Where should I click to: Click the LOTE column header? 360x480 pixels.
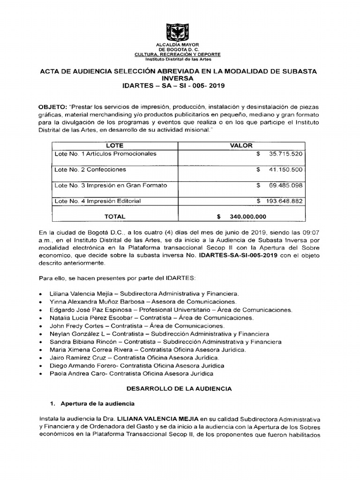(x=115, y=146)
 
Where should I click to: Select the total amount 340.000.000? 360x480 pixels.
(x=248, y=217)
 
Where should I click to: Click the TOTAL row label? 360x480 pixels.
(x=115, y=217)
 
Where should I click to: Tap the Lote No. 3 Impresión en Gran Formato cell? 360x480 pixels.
(x=111, y=185)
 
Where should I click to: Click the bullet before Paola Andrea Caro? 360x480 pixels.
(x=42, y=374)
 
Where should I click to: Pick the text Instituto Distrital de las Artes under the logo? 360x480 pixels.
(x=178, y=60)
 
